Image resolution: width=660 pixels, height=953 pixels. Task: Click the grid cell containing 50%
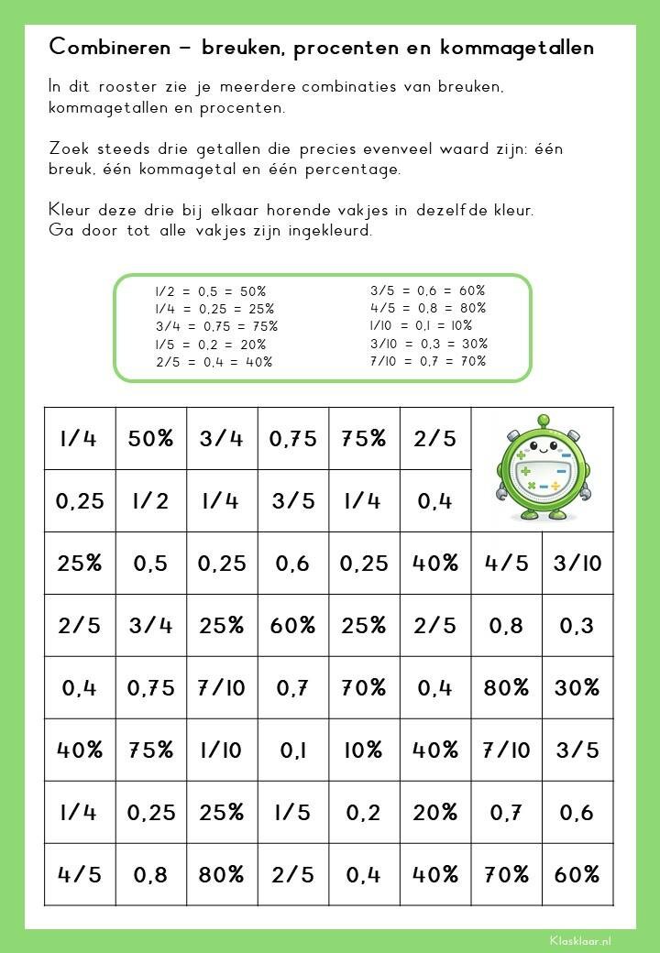pos(151,438)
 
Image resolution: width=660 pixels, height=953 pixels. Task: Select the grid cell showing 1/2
pos(151,500)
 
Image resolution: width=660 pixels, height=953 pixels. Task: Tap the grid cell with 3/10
pos(577,563)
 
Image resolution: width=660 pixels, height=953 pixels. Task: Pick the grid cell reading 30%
pos(577,687)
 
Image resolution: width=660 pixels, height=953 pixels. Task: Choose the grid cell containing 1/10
pos(223,750)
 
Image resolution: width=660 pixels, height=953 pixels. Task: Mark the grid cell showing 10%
pos(364,750)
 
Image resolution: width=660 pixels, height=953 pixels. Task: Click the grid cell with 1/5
pos(293,812)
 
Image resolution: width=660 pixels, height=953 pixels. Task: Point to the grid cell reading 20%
pos(435,812)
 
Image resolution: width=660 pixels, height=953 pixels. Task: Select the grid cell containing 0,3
pos(577,625)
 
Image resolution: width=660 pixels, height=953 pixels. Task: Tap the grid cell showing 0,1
pos(293,750)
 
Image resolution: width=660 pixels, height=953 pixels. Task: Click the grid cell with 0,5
pos(151,563)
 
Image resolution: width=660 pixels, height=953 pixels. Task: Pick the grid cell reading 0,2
pos(364,812)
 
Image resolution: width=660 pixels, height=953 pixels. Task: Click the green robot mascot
pos(541,467)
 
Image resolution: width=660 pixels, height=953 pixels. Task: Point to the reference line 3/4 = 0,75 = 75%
pos(216,326)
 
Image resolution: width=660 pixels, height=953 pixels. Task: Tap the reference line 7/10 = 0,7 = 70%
pos(428,361)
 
